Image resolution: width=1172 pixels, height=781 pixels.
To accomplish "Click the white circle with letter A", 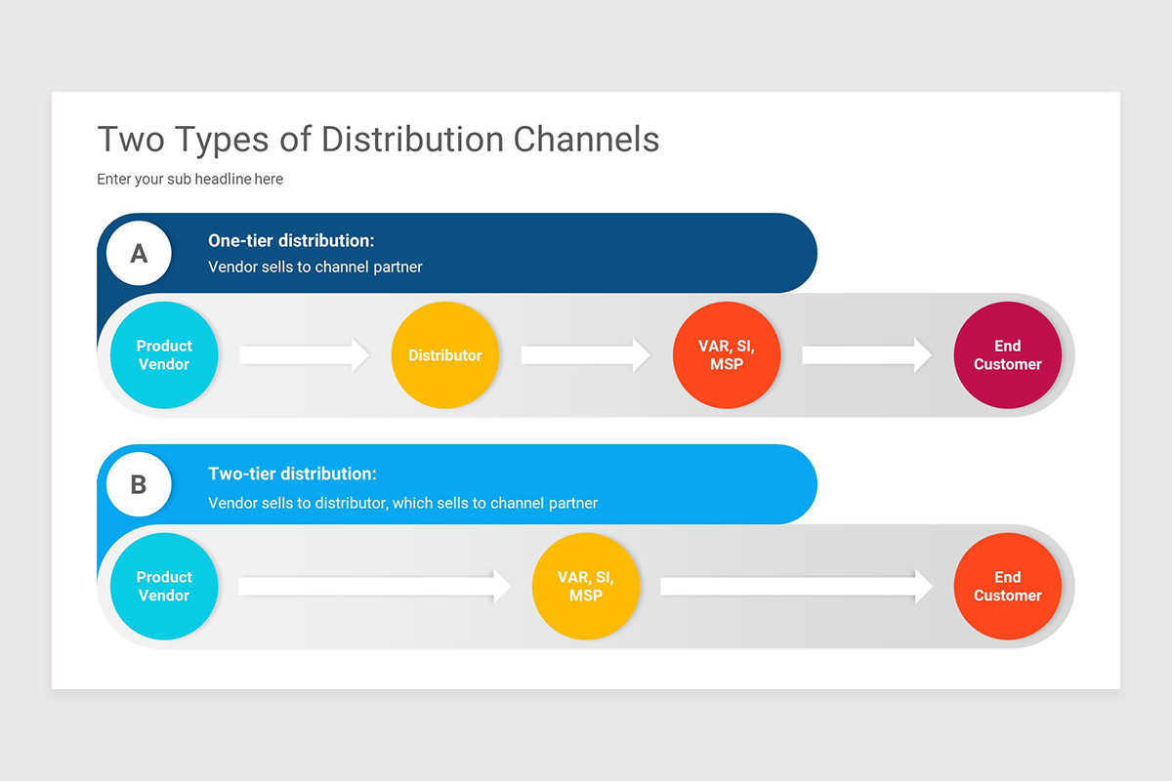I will click(x=139, y=254).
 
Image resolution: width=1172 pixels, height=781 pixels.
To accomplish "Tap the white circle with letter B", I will click(x=139, y=484).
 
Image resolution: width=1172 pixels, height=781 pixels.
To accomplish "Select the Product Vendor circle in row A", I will click(x=164, y=355).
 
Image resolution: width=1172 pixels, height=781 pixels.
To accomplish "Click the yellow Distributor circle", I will click(x=445, y=355).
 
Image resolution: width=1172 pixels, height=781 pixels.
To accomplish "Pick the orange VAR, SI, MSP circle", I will click(x=727, y=355).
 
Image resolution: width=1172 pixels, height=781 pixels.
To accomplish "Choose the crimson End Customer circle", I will click(x=1007, y=355).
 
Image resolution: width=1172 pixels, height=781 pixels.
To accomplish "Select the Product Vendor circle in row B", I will click(x=164, y=587).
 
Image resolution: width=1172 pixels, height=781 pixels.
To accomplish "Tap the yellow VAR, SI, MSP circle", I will click(x=586, y=587).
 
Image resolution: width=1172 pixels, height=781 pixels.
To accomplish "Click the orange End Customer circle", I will click(x=1007, y=587).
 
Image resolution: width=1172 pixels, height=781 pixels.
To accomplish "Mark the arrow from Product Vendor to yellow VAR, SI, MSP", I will click(x=375, y=587).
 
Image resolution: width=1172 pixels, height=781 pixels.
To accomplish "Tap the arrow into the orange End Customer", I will click(x=797, y=587).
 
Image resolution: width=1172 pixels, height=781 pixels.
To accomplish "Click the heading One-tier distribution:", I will click(x=291, y=240).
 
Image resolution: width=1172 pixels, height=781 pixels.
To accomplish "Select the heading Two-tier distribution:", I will click(x=292, y=473).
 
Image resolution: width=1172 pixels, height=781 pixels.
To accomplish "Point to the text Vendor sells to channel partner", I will click(x=315, y=267).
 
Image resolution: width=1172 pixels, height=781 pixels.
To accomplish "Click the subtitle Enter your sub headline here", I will click(x=190, y=179).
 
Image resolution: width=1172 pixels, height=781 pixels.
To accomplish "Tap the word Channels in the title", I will click(x=586, y=140).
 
